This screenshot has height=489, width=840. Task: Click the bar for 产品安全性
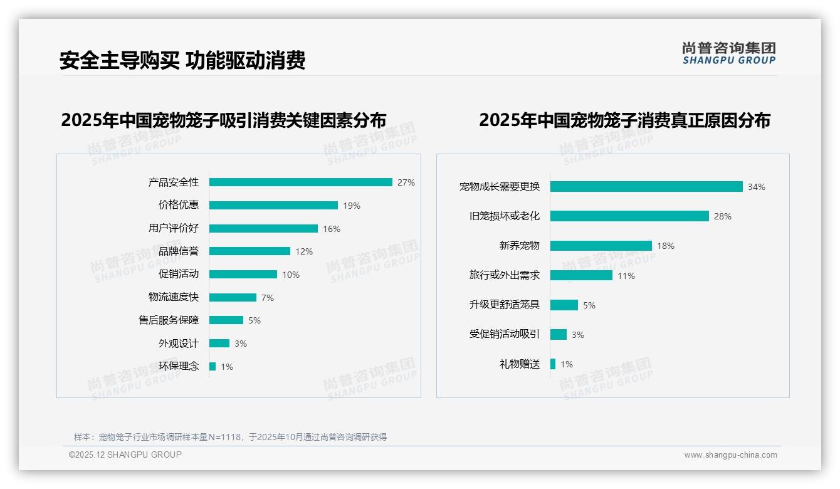pyautogui.click(x=300, y=182)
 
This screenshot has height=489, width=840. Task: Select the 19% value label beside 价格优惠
pyautogui.click(x=352, y=206)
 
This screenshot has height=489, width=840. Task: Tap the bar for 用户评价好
pyautogui.click(x=263, y=228)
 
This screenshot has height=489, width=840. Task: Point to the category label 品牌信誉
pyautogui.click(x=179, y=251)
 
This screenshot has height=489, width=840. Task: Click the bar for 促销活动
pyautogui.click(x=243, y=274)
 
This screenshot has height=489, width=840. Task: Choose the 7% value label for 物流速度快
pyautogui.click(x=268, y=298)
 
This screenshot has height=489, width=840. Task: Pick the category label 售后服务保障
pyautogui.click(x=169, y=320)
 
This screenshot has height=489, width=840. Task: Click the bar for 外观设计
pyautogui.click(x=219, y=343)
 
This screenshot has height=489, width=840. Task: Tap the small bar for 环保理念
pyautogui.click(x=213, y=366)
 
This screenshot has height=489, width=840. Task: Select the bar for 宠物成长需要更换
pyautogui.click(x=646, y=186)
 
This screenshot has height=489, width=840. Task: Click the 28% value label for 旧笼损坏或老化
pyautogui.click(x=723, y=216)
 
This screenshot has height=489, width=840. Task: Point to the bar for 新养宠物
pyautogui.click(x=601, y=246)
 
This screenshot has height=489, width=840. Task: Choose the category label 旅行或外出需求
pyautogui.click(x=505, y=275)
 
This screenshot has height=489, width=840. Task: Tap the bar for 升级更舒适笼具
pyautogui.click(x=564, y=305)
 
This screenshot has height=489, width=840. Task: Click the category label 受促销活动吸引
pyautogui.click(x=505, y=334)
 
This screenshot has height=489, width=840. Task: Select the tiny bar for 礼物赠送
pyautogui.click(x=553, y=364)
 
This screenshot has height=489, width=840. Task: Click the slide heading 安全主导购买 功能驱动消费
pyautogui.click(x=182, y=61)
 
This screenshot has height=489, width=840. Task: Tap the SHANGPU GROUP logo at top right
pyautogui.click(x=729, y=53)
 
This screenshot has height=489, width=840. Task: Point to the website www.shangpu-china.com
pyautogui.click(x=730, y=455)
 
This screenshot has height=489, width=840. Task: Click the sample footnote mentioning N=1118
pyautogui.click(x=230, y=437)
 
